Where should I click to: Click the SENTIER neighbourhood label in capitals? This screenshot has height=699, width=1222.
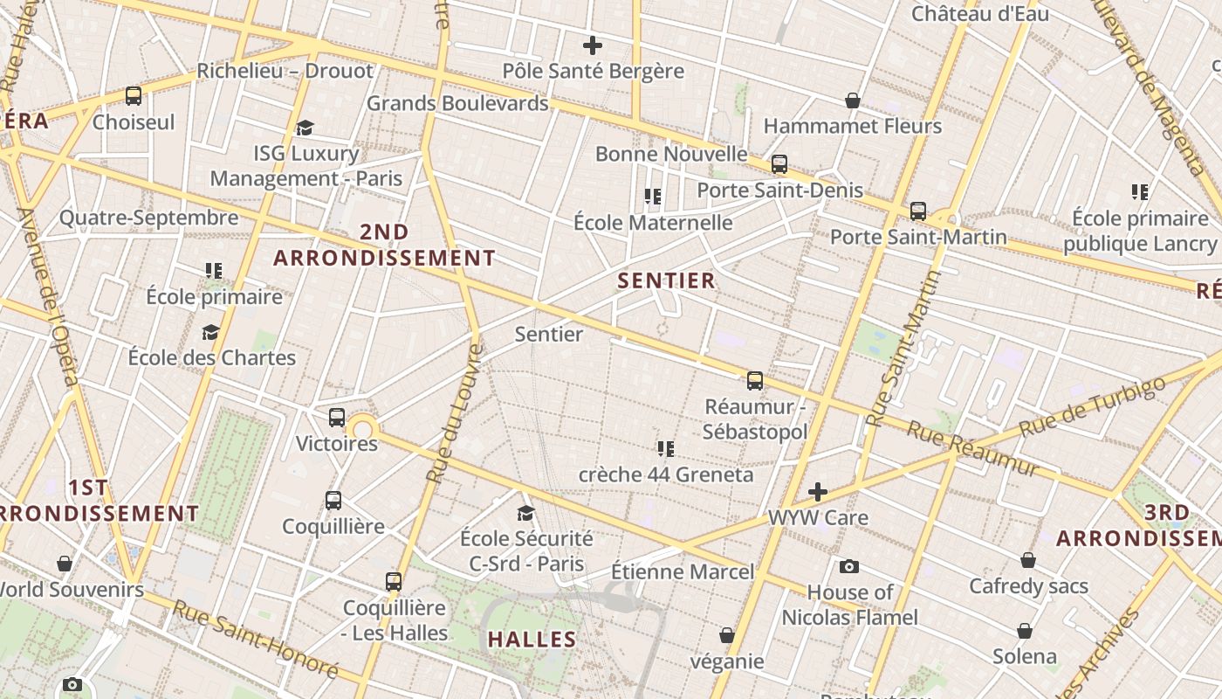click(x=667, y=280)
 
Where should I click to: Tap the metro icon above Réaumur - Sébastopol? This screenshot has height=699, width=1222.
click(x=755, y=381)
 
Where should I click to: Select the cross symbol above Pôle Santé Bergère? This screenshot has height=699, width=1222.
click(x=593, y=45)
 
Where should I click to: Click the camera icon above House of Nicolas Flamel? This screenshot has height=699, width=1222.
click(x=848, y=567)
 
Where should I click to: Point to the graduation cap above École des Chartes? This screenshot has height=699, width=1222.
click(x=210, y=332)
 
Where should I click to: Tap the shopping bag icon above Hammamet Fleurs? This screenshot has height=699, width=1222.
click(x=853, y=100)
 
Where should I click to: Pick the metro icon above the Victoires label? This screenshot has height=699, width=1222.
click(x=337, y=418)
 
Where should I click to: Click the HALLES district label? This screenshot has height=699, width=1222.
click(x=532, y=640)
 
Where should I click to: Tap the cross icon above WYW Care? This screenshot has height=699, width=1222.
click(x=818, y=492)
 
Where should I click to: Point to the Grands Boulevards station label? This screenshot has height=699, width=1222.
click(x=457, y=103)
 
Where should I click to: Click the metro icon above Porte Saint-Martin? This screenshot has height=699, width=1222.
click(x=917, y=211)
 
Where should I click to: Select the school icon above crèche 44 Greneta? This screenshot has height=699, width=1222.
click(x=666, y=449)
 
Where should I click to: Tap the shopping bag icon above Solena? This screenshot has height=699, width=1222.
click(x=1025, y=631)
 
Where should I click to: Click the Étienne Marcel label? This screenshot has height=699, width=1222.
click(x=682, y=572)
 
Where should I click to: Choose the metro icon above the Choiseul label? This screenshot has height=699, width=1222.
click(x=134, y=96)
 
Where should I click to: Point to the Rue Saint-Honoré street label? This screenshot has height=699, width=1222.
click(x=255, y=639)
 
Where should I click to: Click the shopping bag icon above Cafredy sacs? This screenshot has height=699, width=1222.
click(x=1028, y=560)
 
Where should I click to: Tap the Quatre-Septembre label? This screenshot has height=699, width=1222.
click(x=148, y=218)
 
